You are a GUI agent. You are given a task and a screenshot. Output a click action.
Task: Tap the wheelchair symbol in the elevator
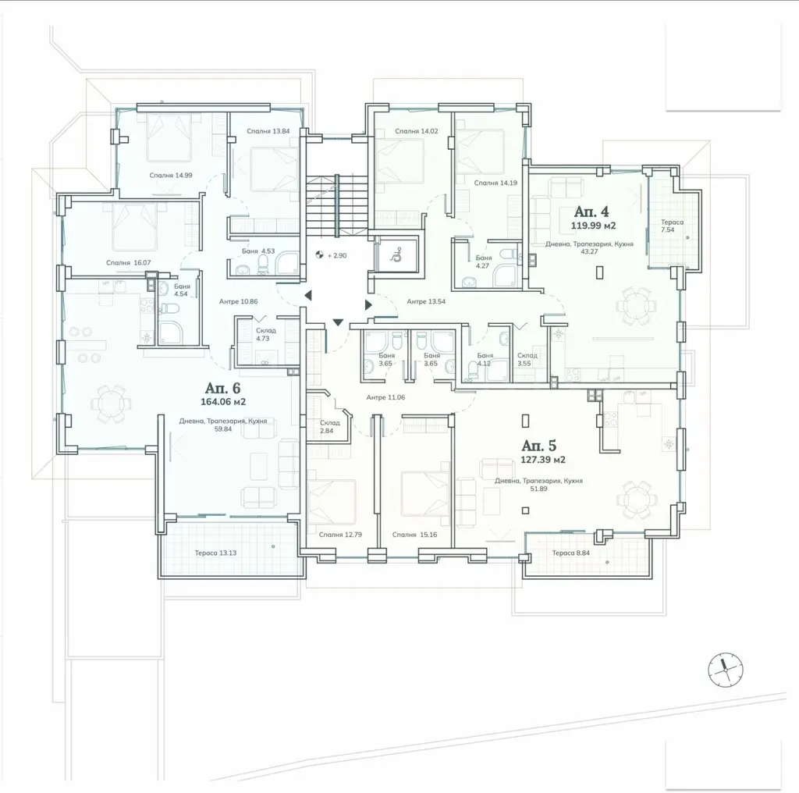point(396,254)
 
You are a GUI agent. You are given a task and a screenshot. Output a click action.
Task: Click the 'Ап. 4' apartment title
point(591,211)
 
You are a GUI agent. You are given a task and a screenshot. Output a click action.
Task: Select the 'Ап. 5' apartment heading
point(539,446)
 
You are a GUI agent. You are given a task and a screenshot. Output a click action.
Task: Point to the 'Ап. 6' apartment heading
point(222,387)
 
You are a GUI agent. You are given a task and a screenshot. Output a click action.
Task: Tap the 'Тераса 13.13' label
point(215,553)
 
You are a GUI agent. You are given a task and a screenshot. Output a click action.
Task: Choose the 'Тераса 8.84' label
point(570,553)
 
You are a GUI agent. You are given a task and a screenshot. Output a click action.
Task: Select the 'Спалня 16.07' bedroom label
point(129,263)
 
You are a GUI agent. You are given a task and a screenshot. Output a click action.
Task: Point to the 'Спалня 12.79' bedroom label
point(340,535)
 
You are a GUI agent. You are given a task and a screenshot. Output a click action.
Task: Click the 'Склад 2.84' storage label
point(330,427)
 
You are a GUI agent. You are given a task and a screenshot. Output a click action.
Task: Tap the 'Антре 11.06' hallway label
point(385,397)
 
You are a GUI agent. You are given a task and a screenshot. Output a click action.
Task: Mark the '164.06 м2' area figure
point(223,402)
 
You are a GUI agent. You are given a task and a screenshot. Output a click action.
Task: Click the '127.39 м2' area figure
point(543,460)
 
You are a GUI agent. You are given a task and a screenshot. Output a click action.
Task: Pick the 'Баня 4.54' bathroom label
point(182,290)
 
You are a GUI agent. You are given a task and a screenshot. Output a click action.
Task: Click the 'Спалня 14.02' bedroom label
point(417,131)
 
